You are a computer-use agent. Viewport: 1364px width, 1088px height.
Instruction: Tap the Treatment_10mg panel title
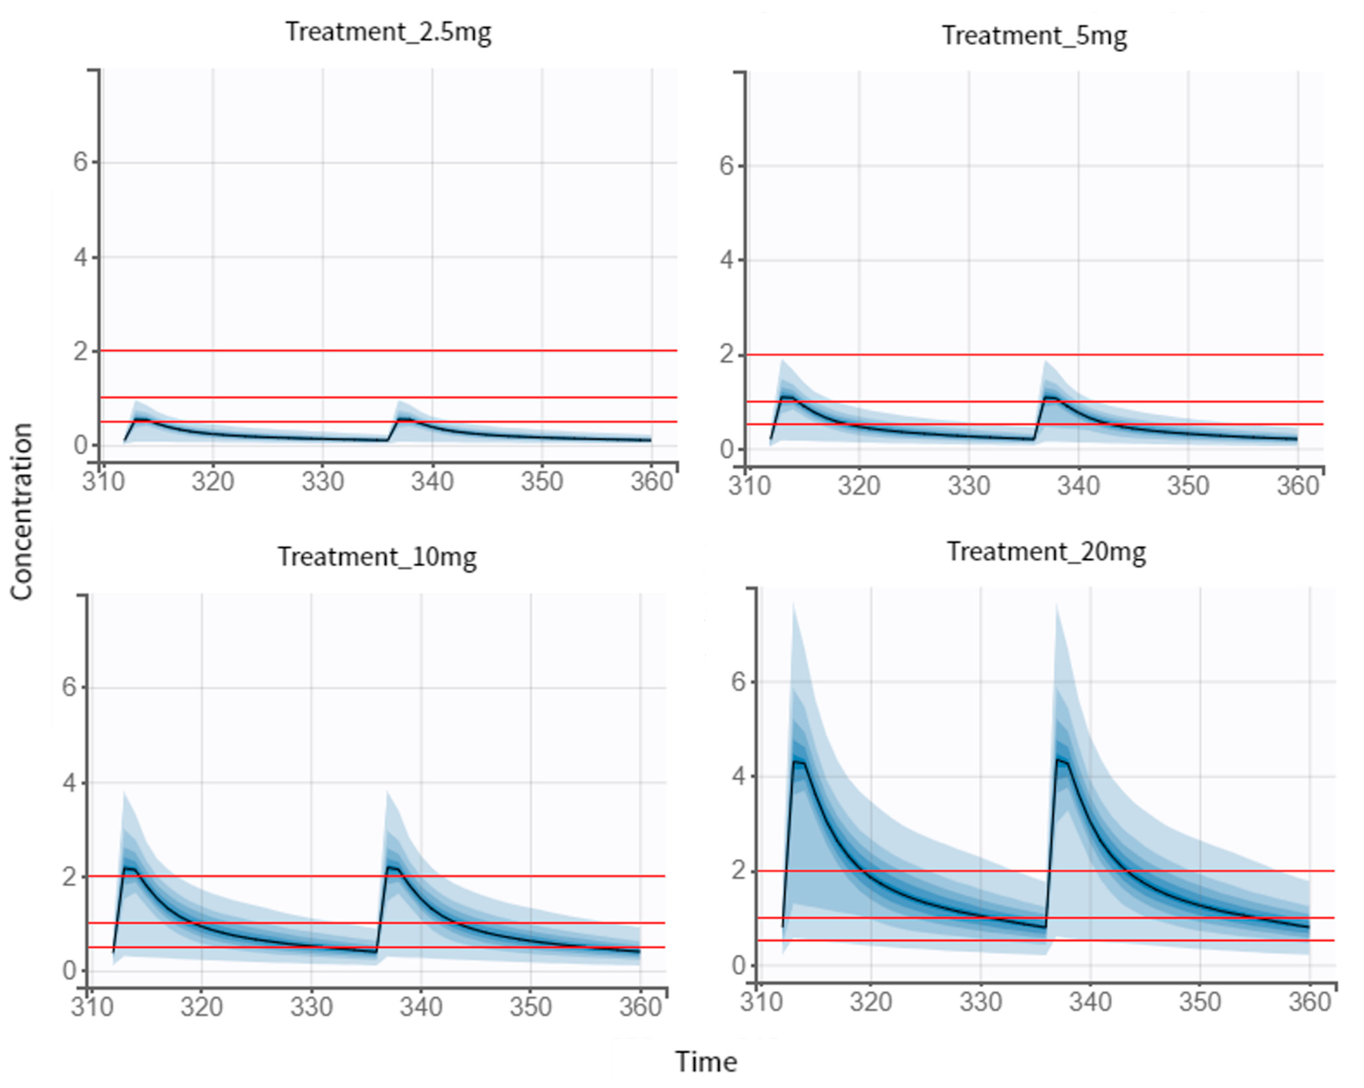pos(377,557)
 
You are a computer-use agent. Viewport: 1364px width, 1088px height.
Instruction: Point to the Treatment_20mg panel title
pos(1046,552)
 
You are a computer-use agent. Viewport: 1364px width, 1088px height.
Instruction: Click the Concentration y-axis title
pos(21,511)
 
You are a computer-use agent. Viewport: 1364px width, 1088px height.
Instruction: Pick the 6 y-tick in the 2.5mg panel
pos(80,162)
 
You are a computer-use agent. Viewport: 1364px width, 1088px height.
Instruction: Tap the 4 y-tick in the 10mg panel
pos(69,783)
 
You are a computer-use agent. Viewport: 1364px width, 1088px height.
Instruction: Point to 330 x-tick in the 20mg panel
pos(981,1002)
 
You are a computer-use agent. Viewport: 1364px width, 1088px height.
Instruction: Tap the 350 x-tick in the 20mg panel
pos(1200,1002)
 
